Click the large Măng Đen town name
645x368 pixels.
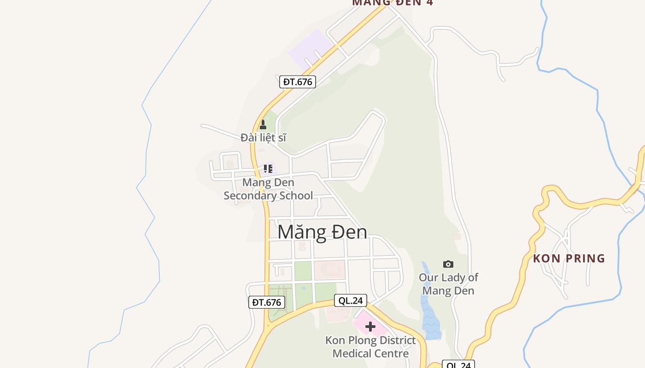322,232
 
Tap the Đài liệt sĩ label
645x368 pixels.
264,137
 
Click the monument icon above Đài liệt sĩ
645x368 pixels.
263,125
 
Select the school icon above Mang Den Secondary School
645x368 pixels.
268,168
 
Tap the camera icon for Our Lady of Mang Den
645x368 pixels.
448,264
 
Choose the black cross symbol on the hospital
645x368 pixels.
370,327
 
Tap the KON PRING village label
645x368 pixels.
569,259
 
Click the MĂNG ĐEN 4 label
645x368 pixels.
393,2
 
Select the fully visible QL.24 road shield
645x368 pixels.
351,301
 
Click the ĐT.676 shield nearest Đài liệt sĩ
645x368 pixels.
298,82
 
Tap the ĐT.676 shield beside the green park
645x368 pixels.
267,302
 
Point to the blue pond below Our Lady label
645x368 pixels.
430,317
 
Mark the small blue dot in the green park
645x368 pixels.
303,288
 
